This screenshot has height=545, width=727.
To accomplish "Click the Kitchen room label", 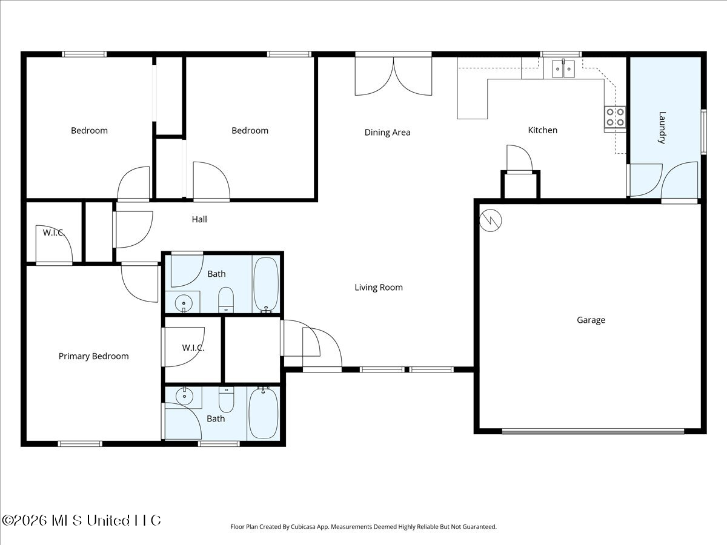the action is click(x=542, y=130).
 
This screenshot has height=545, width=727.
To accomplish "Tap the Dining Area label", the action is click(x=387, y=133).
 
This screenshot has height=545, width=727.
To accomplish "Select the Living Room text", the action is click(x=379, y=287).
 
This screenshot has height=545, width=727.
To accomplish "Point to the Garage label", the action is click(x=591, y=320).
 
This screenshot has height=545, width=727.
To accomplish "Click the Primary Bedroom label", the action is click(x=93, y=356).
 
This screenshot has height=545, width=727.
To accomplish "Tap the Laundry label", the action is click(x=662, y=127).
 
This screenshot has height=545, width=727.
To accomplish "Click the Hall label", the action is click(x=199, y=219).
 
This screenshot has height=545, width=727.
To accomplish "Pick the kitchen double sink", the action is click(x=563, y=69).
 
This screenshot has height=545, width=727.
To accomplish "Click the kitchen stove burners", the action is click(x=615, y=117).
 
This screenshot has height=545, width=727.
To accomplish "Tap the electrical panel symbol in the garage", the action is click(x=491, y=220).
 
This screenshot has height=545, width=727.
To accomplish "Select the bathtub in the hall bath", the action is click(x=266, y=285).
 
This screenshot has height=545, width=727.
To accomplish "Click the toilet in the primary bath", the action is click(x=226, y=400).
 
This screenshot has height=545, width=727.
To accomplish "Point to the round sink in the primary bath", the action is click(x=184, y=395).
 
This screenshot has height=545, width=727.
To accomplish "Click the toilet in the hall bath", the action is click(x=226, y=300).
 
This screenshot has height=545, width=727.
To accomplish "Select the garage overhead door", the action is click(x=593, y=431).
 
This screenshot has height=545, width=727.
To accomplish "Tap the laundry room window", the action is click(x=703, y=131).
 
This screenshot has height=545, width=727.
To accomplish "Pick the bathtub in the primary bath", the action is click(x=264, y=414).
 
